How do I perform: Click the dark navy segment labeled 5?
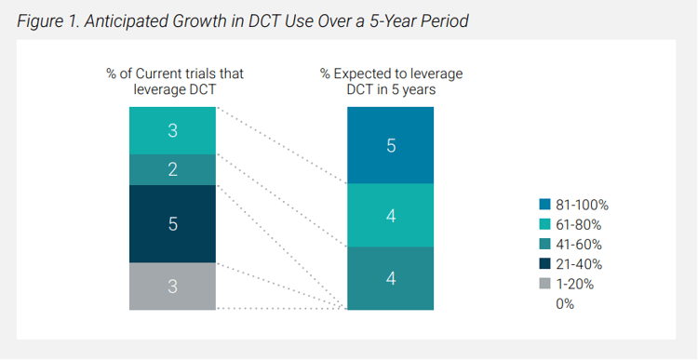pos(172,224)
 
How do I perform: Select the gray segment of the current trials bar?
pos(172,287)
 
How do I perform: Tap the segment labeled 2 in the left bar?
pos(172,169)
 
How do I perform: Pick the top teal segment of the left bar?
pos(172,131)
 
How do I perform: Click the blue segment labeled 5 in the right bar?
pos(390,145)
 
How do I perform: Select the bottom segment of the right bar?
pos(390,278)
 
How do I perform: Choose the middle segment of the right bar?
pos(390,216)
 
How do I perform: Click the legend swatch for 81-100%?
pos(544,205)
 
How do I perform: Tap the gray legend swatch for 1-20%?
pos(544,284)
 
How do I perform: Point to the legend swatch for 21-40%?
pos(544,264)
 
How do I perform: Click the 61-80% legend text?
pos(579,225)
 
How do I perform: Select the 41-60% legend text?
pos(579,245)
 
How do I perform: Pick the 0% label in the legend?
pos(565,304)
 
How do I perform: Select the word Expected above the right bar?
pos(360,73)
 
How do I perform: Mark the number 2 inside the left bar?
pos(172,169)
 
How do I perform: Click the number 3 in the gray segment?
pos(172,287)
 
